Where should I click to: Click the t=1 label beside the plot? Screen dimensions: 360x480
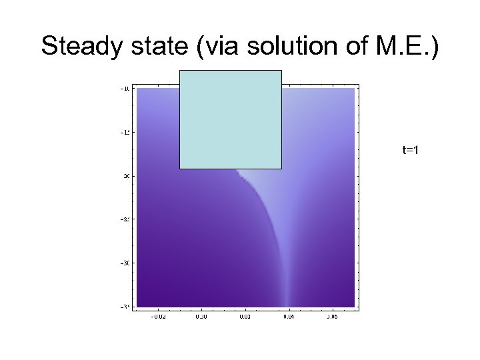[410, 151]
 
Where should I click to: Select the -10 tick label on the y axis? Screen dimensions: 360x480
[125, 88]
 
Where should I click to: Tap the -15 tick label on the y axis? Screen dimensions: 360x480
[125, 132]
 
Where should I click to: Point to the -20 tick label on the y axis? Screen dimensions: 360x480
[125, 176]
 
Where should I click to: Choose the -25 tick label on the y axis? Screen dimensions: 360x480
[125, 219]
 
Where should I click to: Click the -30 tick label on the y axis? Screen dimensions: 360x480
[125, 263]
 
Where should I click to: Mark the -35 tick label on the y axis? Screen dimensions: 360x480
[125, 307]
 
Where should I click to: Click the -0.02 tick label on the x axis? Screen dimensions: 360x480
[157, 317]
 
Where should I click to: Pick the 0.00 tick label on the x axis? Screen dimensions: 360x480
[201, 317]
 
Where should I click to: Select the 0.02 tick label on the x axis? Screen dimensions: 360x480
[244, 317]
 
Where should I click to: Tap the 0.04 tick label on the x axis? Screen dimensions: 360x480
[288, 317]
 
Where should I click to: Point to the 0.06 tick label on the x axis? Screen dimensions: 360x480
[331, 317]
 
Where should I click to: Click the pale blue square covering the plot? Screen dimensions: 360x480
[231, 119]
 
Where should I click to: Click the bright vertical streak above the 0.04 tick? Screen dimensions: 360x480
[287, 280]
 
